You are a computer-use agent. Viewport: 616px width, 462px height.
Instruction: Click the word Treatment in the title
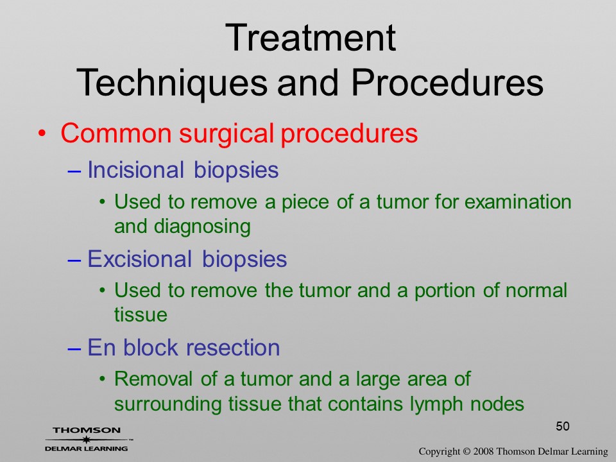click(311, 38)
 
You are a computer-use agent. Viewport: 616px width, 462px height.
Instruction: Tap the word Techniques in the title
click(172, 83)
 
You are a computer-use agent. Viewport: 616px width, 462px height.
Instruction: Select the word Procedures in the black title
click(447, 83)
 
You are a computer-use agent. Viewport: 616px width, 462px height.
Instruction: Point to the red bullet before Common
click(42, 133)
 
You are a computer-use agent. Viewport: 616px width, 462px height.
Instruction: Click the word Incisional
click(135, 169)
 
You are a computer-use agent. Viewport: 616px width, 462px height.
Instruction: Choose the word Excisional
click(139, 259)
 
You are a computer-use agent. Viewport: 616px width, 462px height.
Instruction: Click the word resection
click(232, 348)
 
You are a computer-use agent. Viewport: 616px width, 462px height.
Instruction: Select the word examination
click(518, 202)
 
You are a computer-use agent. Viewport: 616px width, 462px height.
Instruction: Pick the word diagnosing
click(202, 227)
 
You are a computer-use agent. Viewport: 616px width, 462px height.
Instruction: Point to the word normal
click(536, 290)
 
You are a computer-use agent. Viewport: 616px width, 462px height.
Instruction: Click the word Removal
click(153, 379)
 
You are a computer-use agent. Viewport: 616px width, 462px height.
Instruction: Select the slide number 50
click(563, 426)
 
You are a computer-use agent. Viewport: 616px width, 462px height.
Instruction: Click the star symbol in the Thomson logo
click(85, 440)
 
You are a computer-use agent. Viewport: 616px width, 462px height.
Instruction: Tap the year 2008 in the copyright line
click(483, 452)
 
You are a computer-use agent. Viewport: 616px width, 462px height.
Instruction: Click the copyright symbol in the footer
click(466, 452)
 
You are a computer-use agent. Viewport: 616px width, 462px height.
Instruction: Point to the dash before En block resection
click(74, 349)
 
